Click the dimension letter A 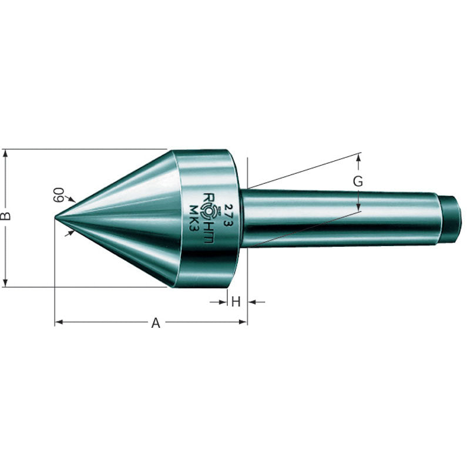pos(156,323)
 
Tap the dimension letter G pos(358,182)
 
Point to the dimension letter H pos(236,302)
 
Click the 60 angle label pos(59,194)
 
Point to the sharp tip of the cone pos(56,217)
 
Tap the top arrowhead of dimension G pos(358,157)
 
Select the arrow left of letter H pos(223,302)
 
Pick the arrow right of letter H pos(251,302)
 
